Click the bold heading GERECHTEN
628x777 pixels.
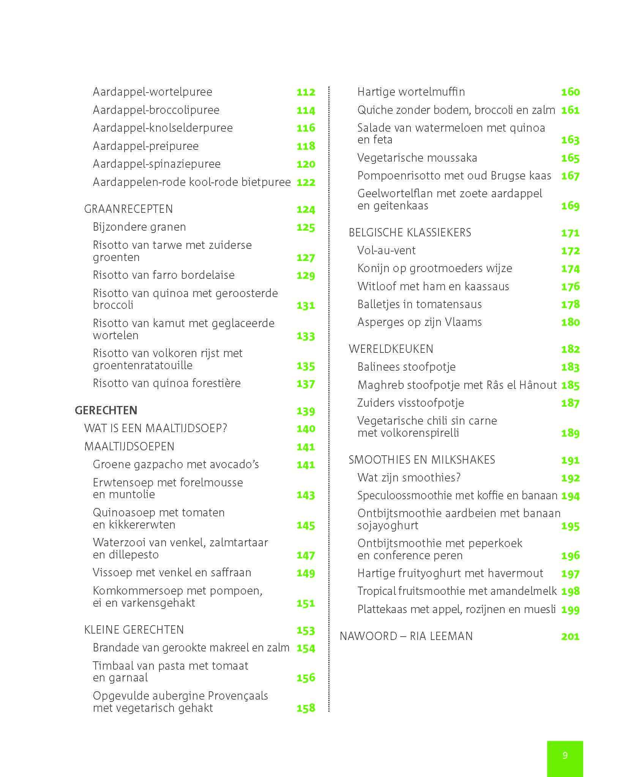click(106, 410)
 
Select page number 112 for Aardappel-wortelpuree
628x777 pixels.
click(306, 92)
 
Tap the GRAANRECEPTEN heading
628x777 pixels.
click(128, 209)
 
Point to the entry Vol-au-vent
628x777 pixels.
click(386, 250)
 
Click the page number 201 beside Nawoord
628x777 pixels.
click(570, 636)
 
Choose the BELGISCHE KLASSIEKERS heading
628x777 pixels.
click(410, 233)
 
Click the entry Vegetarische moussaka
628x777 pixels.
click(417, 158)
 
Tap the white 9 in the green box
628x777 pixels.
click(565, 755)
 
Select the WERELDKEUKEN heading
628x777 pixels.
click(391, 349)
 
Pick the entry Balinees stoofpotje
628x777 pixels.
click(406, 367)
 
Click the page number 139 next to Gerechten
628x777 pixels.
click(306, 411)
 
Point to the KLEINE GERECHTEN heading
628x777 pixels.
click(134, 630)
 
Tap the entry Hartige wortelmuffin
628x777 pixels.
click(411, 92)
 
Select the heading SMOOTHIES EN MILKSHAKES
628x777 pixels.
click(421, 460)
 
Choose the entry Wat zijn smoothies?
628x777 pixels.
click(409, 478)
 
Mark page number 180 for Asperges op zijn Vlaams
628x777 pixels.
click(570, 322)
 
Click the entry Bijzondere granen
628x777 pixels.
click(139, 227)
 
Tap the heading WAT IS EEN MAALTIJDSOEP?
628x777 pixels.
click(156, 428)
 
